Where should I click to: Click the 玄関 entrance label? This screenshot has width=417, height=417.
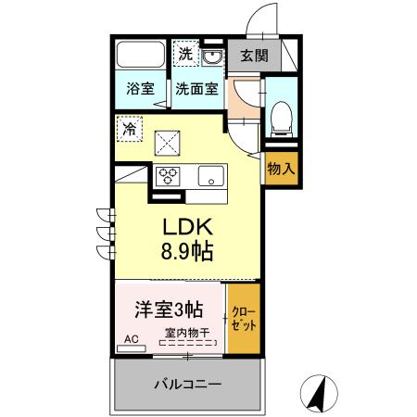pos(254,56)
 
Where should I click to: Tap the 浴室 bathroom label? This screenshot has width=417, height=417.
pos(142,90)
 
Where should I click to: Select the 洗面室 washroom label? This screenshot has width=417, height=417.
pos(196,90)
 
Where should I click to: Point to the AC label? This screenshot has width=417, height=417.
pos(131,340)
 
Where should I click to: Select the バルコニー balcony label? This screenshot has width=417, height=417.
pos(186,383)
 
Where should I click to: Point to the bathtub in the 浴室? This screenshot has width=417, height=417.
pos(142,57)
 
